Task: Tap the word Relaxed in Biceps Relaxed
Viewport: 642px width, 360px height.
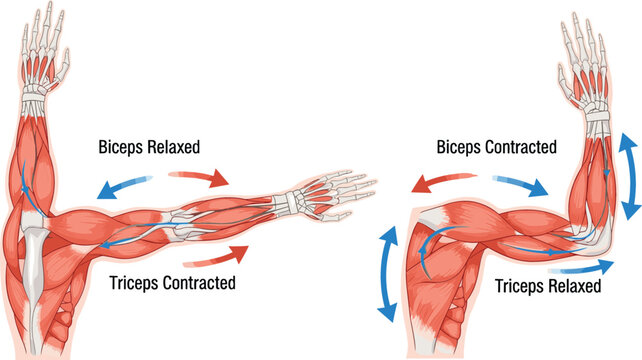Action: coord(174,148)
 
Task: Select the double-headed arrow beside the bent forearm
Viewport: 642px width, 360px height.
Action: coord(630,177)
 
